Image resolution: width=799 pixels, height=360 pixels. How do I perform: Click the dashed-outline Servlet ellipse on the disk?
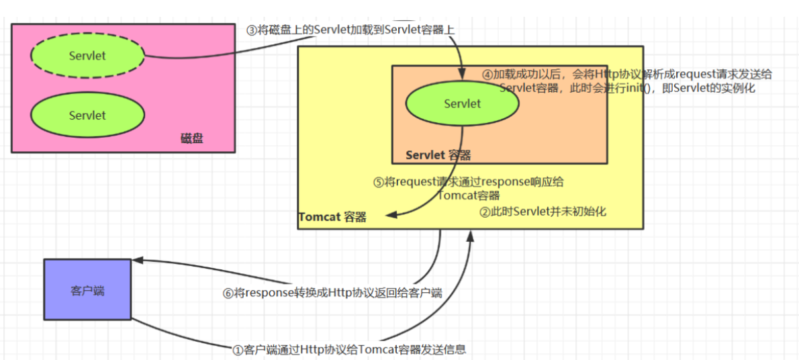click(x=87, y=56)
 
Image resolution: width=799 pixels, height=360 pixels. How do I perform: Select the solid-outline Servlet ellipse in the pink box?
click(x=87, y=116)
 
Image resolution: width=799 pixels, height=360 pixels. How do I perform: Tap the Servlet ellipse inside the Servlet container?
click(x=462, y=104)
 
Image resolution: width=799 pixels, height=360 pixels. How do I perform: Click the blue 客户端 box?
click(x=87, y=289)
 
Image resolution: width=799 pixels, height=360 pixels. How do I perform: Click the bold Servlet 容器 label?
click(x=438, y=155)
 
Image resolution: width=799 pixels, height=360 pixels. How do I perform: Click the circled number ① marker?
click(x=237, y=349)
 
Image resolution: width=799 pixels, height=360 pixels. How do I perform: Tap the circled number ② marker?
click(x=485, y=212)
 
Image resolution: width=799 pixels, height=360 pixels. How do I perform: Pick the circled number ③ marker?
click(x=251, y=31)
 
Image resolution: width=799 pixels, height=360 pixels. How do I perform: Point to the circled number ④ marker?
click(x=488, y=75)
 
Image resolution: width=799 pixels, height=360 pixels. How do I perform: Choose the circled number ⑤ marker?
click(x=379, y=182)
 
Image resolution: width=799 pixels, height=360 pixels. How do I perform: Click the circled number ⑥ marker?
click(x=229, y=293)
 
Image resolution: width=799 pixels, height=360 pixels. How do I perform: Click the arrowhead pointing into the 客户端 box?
click(x=136, y=261)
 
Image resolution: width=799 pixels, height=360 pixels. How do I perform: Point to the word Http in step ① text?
click(x=311, y=349)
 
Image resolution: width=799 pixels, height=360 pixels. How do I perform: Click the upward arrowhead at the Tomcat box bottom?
click(x=471, y=234)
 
